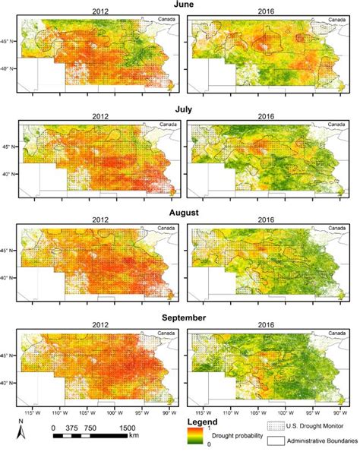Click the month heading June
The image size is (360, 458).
click(x=180, y=5)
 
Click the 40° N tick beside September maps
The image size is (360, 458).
click(x=9, y=383)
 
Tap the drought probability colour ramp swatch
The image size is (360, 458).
click(x=194, y=435)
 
